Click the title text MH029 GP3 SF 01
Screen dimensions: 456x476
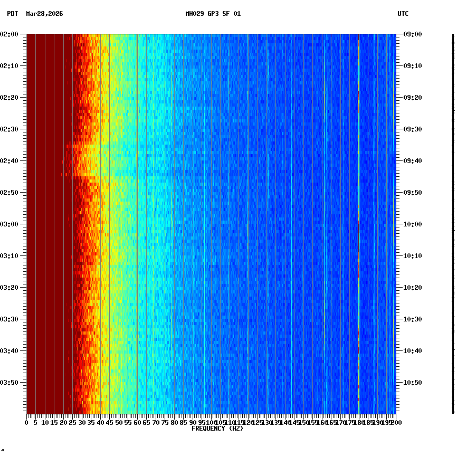click(x=213, y=14)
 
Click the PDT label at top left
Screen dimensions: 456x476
click(x=12, y=14)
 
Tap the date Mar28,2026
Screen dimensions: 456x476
click(x=44, y=14)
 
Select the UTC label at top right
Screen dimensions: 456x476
click(x=403, y=14)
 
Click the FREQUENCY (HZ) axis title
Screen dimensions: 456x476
click(x=217, y=429)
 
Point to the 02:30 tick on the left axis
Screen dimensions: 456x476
click(x=10, y=129)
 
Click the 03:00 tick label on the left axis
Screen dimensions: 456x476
click(x=10, y=224)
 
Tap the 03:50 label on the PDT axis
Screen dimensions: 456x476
click(x=10, y=382)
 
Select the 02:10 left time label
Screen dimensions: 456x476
click(x=10, y=65)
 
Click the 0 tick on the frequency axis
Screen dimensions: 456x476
click(x=27, y=422)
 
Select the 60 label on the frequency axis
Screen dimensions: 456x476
click(x=137, y=422)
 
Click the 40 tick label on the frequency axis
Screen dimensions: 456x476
click(x=100, y=422)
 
